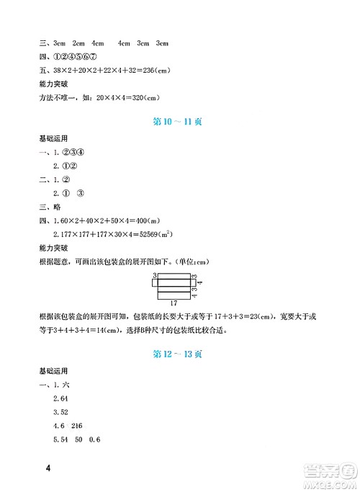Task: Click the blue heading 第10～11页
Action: pos(179,122)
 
